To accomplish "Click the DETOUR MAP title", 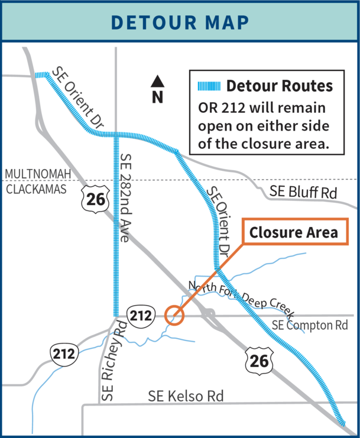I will [180, 21].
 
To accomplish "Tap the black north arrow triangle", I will [157, 81].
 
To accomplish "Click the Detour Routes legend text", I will [279, 86].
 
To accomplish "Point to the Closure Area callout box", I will [293, 232].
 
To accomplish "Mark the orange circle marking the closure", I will [174, 316].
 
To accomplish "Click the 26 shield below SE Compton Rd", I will [260, 359].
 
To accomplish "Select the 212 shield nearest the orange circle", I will [141, 316].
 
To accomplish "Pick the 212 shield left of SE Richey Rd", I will [63, 354].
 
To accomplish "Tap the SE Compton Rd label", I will [310, 326].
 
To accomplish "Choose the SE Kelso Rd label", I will [186, 396].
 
